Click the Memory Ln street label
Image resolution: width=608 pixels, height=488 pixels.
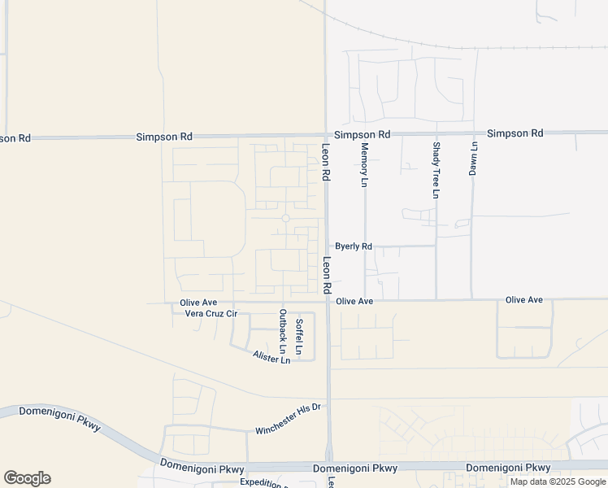[364, 165]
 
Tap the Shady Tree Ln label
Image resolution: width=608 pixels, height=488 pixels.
[436, 170]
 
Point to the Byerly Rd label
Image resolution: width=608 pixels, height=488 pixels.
[354, 246]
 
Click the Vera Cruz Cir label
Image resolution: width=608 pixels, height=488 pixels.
[211, 313]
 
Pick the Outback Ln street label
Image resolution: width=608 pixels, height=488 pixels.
[283, 336]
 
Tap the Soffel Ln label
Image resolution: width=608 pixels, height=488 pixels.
[299, 337]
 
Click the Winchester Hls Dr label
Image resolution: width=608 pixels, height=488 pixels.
[289, 419]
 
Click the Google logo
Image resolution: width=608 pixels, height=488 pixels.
[27, 478]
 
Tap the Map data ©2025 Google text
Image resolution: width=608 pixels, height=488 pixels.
[558, 481]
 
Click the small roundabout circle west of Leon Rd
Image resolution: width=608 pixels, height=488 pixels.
[285, 218]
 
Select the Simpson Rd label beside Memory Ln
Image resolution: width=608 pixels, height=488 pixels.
[363, 134]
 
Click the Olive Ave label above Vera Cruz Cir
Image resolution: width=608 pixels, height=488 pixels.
[198, 303]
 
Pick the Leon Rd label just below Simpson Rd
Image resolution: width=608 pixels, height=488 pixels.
[325, 163]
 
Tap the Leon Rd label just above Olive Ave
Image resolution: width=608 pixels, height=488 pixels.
[327, 276]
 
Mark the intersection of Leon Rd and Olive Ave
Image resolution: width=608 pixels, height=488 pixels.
[328, 301]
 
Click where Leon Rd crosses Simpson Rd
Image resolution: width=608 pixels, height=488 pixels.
[325, 135]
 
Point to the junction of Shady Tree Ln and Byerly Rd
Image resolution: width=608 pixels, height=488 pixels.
[436, 245]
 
